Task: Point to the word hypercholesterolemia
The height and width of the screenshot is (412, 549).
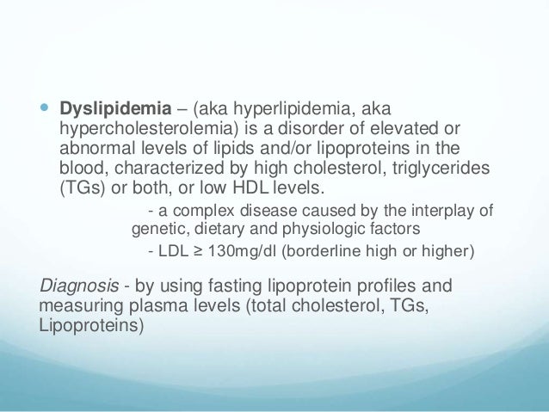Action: click(151, 129)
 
